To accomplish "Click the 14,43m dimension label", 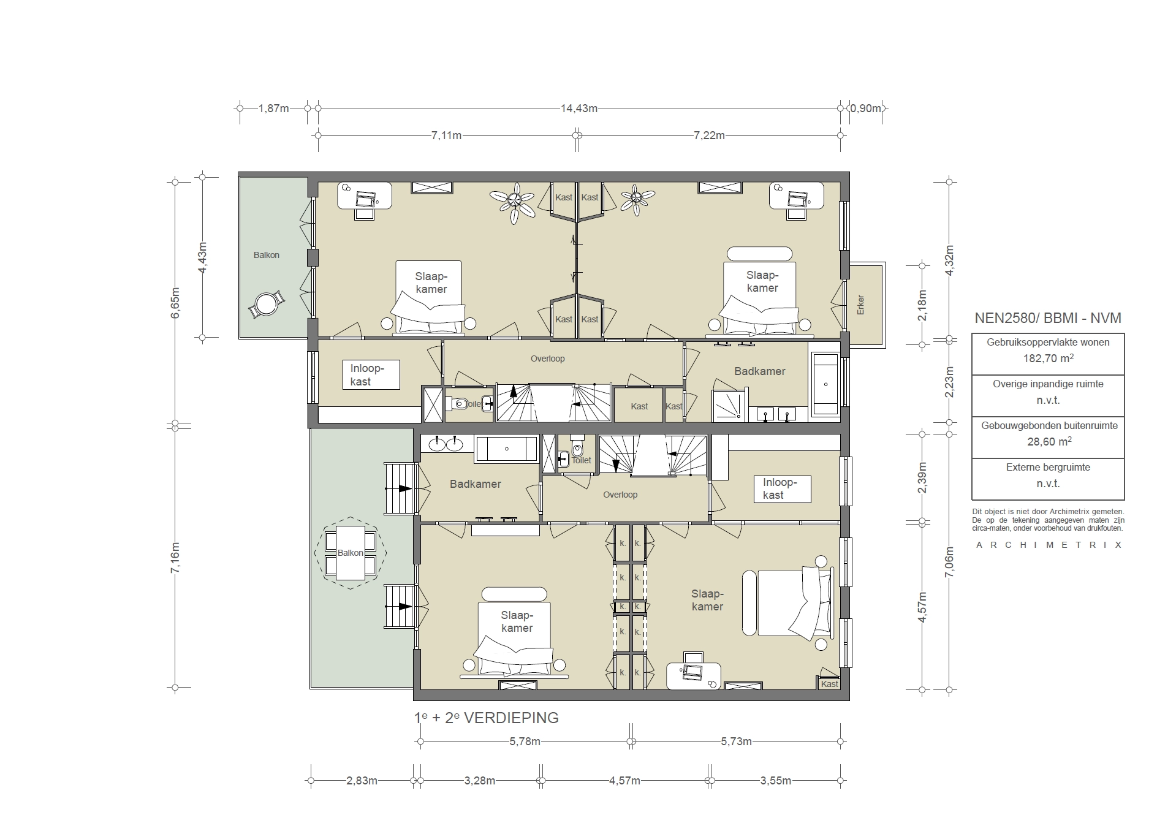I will (x=579, y=108).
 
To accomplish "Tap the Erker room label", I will (x=860, y=305).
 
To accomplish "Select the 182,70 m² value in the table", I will (x=1048, y=359).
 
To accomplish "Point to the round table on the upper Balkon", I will (x=267, y=303).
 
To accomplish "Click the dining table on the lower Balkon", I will (x=350, y=553).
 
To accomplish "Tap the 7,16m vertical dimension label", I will (x=175, y=558).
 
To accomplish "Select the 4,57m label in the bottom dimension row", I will (x=624, y=781).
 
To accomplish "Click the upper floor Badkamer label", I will (x=759, y=371).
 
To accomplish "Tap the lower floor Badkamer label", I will (x=475, y=484).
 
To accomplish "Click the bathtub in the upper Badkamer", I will (x=825, y=384).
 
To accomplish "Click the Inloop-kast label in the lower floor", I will (x=779, y=489).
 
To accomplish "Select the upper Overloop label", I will (x=547, y=359).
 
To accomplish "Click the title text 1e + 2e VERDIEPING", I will (x=487, y=718).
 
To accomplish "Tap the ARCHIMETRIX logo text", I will (x=1048, y=545).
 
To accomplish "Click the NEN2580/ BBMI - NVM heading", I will (x=1047, y=318).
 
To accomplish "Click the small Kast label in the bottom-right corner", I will (x=829, y=684).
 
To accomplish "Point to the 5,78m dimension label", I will (x=525, y=742).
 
